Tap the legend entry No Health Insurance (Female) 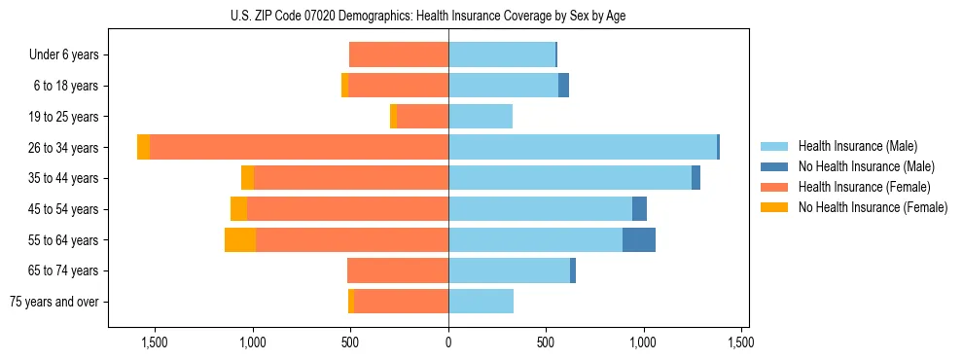pos(873,207)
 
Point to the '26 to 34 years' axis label pos(63,148)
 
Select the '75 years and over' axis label pos(54,302)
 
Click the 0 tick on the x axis pos(448,342)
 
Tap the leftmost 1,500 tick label pos(156,342)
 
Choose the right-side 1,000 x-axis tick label pos(644,342)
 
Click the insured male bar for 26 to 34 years pos(582,147)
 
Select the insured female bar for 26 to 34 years pos(299,147)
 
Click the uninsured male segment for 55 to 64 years pos(639,239)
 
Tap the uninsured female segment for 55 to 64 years pos(240,239)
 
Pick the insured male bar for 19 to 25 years pos(481,117)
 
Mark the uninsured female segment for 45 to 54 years pos(238,209)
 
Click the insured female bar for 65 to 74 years pos(398,270)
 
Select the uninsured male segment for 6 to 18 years pos(563,86)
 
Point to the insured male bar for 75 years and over pos(481,302)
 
